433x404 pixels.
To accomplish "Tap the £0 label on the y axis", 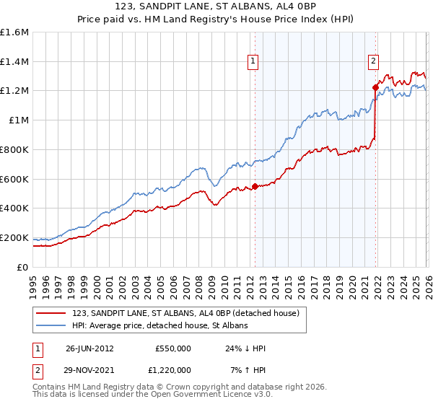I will [x=22, y=267].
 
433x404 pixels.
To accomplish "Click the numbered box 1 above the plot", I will [x=254, y=63].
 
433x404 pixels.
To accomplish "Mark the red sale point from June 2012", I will [x=255, y=187].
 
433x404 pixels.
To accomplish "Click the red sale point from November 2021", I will [x=375, y=88].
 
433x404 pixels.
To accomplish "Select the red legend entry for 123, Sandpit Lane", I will [x=190, y=312].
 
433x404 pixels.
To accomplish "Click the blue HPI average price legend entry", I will [x=159, y=325].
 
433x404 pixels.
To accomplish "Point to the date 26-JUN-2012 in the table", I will [x=89, y=348].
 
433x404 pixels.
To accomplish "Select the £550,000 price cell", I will [x=172, y=348].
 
